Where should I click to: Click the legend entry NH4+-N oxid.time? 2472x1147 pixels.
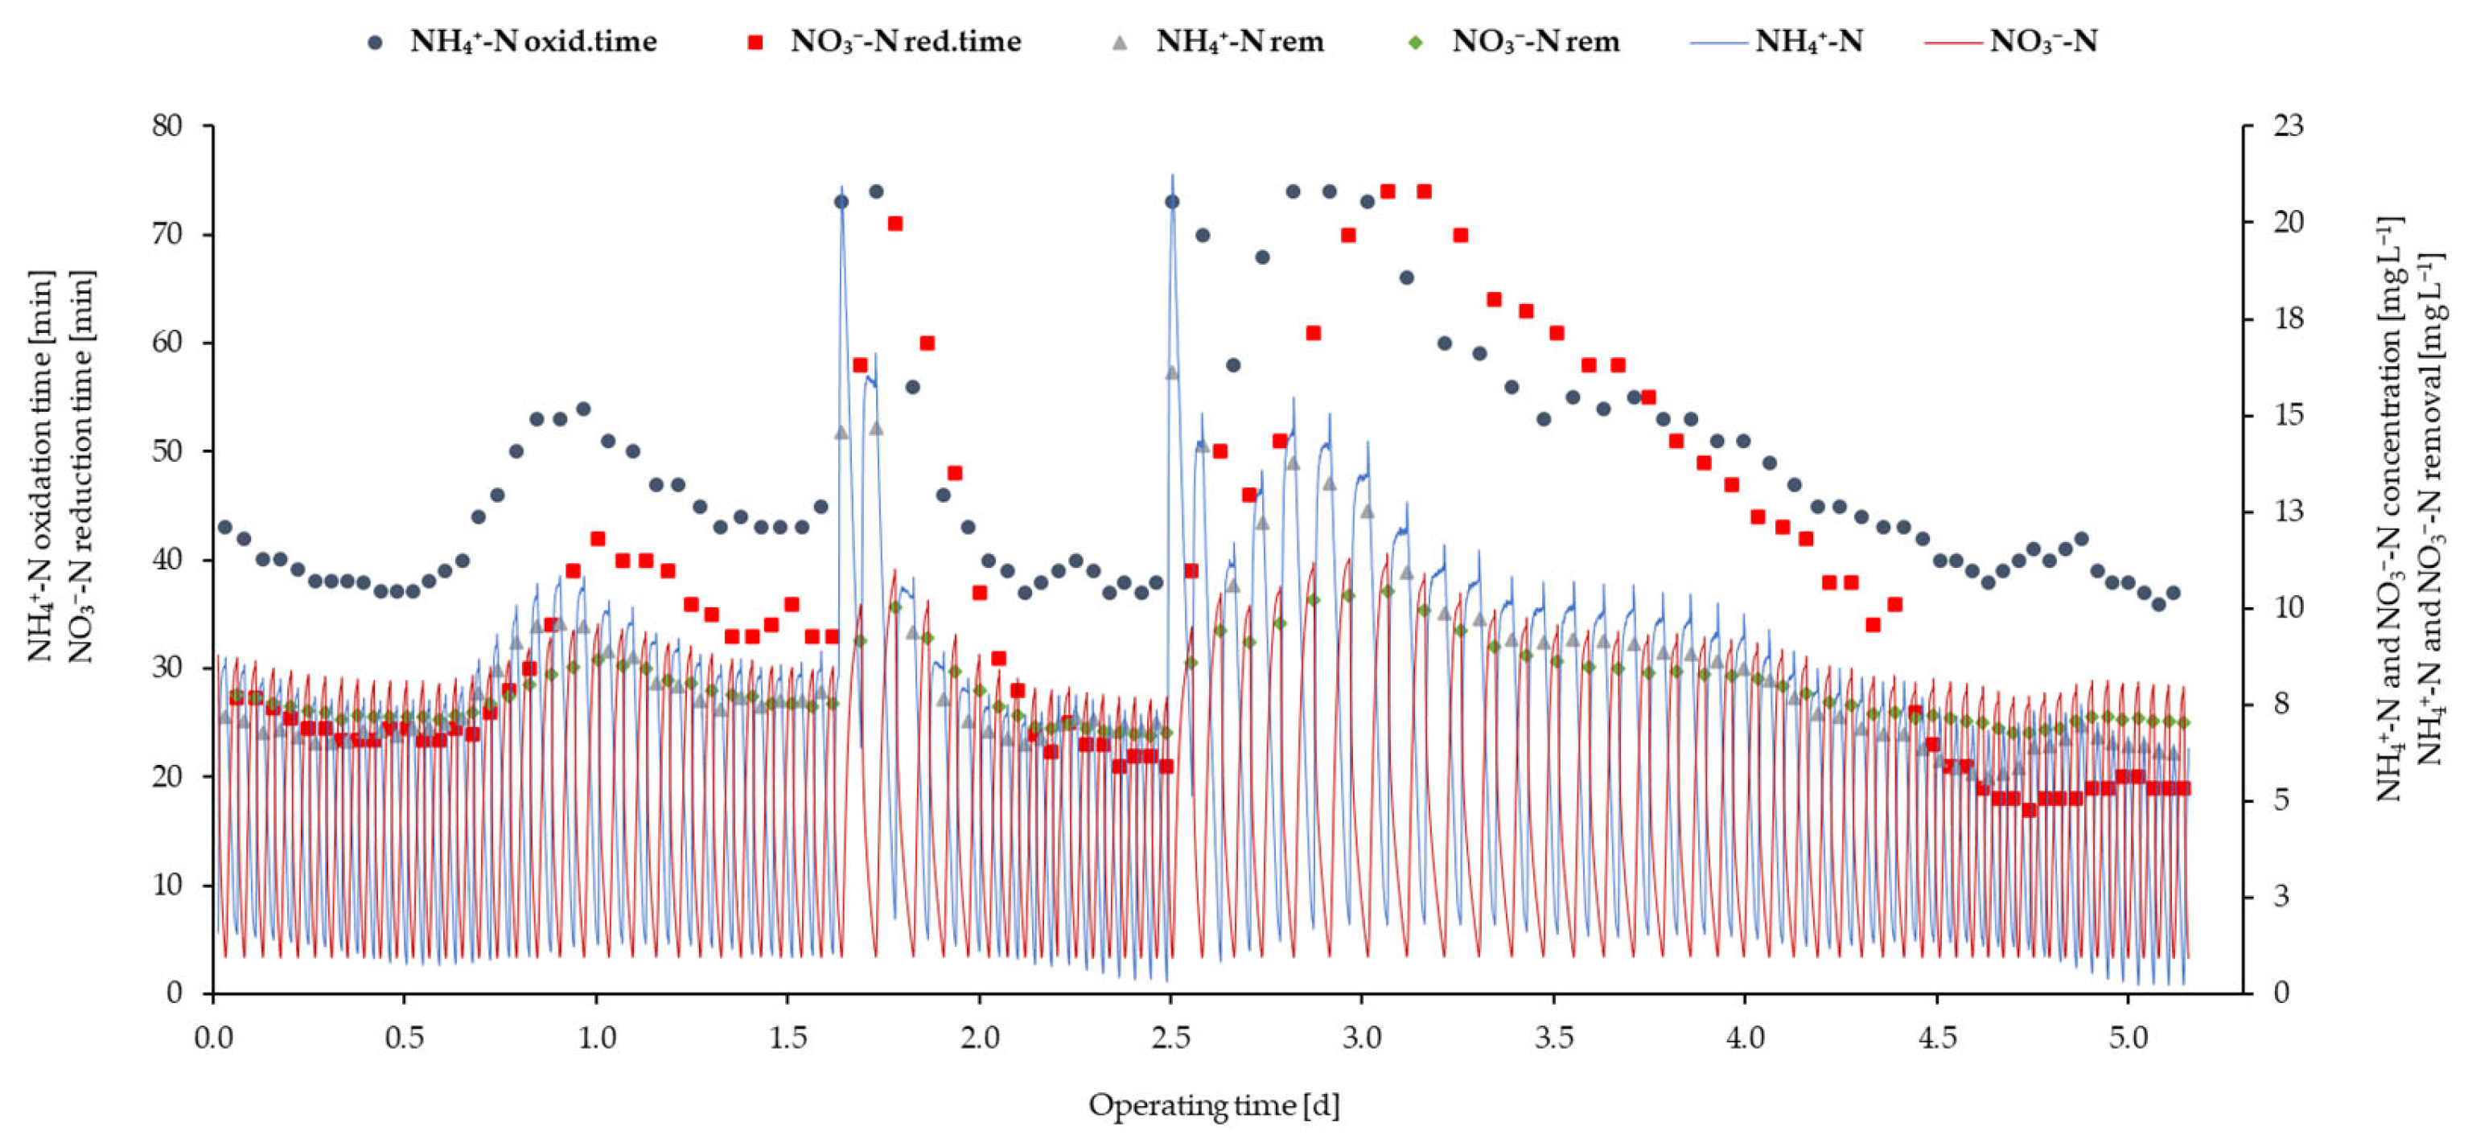pos(512,41)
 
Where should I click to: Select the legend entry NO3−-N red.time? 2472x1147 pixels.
pos(884,41)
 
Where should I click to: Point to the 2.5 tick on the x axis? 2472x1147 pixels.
pos(1170,1038)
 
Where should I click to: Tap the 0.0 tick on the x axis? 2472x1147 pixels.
pos(213,1038)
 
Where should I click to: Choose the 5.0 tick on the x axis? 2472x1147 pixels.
pos(2129,1038)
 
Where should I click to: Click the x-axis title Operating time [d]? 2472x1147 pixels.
pos(1214,1107)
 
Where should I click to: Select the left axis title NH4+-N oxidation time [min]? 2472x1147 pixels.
pos(40,467)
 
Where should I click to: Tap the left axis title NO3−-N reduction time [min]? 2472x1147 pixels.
pos(80,467)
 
